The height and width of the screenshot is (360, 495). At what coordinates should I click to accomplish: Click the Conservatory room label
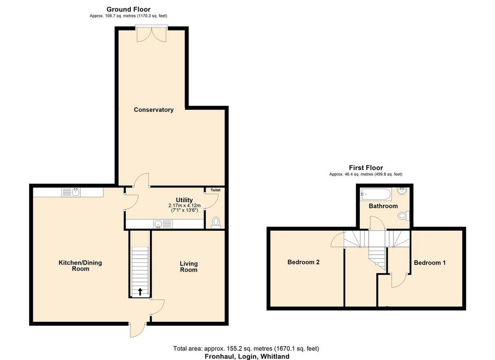pyautogui.click(x=153, y=110)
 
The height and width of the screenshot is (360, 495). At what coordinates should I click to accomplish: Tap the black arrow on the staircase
pyautogui.click(x=140, y=291)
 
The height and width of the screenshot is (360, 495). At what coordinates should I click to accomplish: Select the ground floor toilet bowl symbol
pyautogui.click(x=216, y=221)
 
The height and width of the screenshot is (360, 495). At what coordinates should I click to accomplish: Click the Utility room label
pyautogui.click(x=184, y=200)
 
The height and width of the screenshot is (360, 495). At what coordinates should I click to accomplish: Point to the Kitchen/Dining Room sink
pyautogui.click(x=71, y=192)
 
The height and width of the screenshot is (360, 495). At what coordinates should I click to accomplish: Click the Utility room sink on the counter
pyautogui.click(x=163, y=224)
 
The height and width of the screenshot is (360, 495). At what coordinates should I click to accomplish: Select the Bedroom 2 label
pyautogui.click(x=304, y=262)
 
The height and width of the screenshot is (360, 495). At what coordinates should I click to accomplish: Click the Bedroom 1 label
pyautogui.click(x=430, y=262)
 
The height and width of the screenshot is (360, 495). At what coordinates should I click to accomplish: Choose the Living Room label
pyautogui.click(x=189, y=267)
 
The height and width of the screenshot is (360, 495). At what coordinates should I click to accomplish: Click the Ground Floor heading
pyautogui.click(x=129, y=9)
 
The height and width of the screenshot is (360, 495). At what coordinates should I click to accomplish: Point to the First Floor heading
pyautogui.click(x=366, y=168)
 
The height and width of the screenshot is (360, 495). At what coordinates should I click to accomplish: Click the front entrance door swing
pyautogui.click(x=138, y=330)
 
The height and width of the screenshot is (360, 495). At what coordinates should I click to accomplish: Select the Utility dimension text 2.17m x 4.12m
pyautogui.click(x=184, y=206)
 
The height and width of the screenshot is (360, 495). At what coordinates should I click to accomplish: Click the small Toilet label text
pyautogui.click(x=216, y=190)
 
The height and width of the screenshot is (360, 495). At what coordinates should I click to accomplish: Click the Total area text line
pyautogui.click(x=246, y=348)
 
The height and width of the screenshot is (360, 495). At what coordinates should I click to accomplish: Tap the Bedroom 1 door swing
pyautogui.click(x=398, y=281)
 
